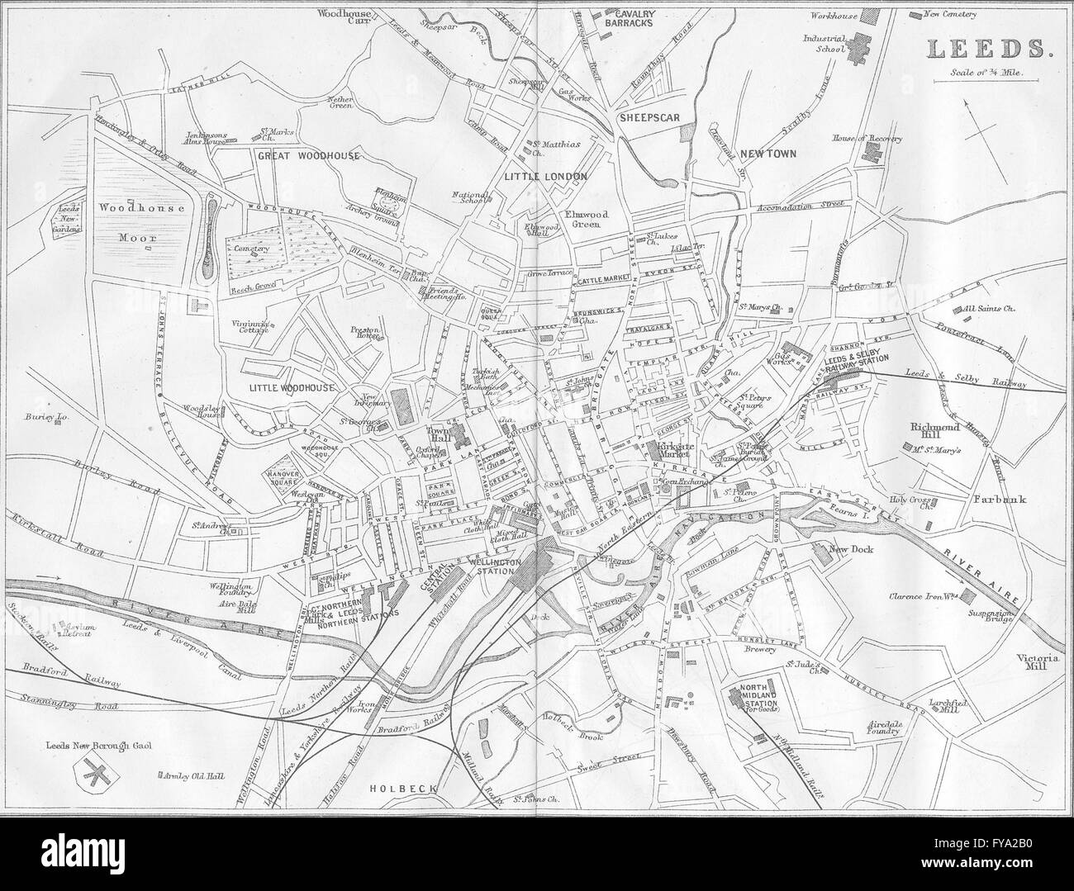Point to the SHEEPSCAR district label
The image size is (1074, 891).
[649, 117]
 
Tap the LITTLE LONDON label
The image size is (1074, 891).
[544, 177]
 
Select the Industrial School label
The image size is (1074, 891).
[828, 43]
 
